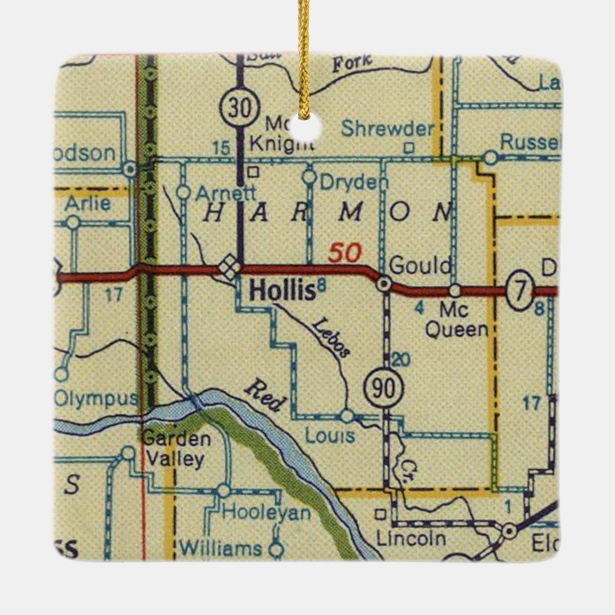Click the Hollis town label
click(x=282, y=291)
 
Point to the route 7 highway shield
click(x=520, y=290)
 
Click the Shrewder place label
click(x=387, y=129)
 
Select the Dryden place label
click(x=353, y=182)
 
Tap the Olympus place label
click(x=96, y=399)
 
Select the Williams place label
click(x=221, y=548)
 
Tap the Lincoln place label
click(x=411, y=538)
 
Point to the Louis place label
click(x=330, y=436)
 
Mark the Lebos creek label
click(x=331, y=338)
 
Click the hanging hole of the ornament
click(x=305, y=126)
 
